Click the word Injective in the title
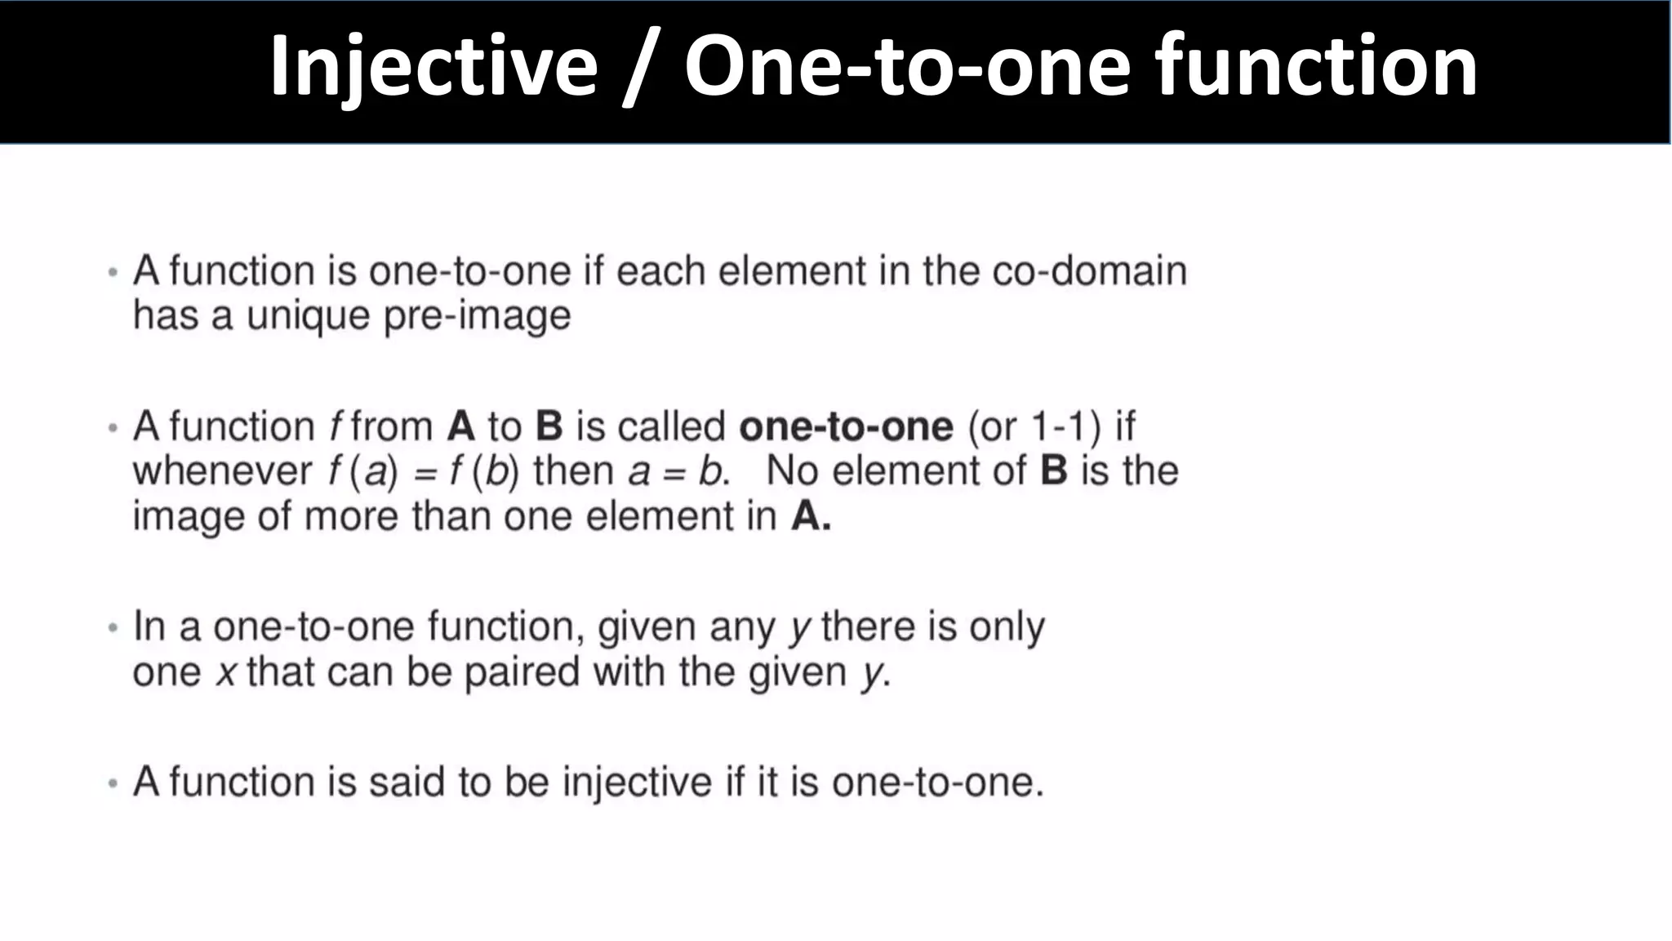pos(434,67)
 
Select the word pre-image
pos(477,316)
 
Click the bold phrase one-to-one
pos(846,426)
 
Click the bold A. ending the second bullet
pos(811,516)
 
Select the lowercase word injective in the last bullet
pos(637,783)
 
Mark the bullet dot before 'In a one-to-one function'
pos(113,628)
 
